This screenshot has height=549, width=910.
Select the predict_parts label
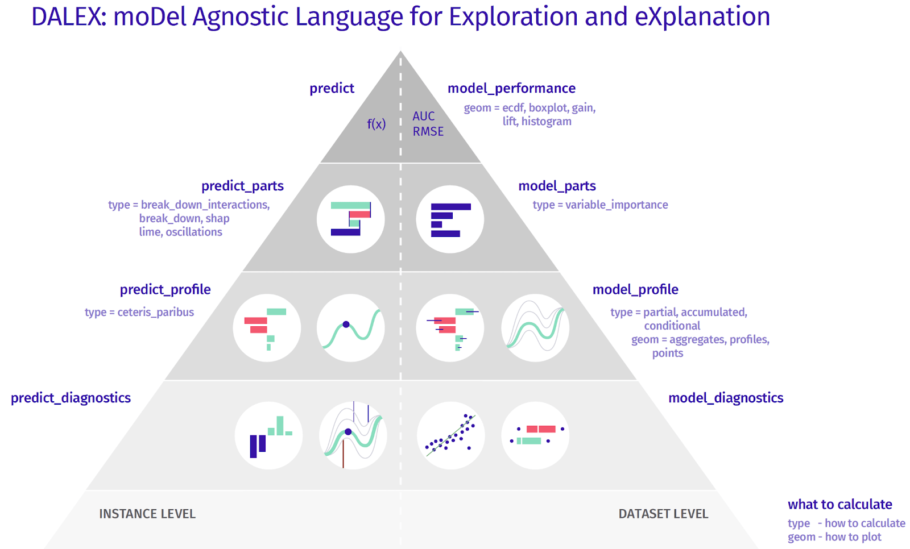click(242, 186)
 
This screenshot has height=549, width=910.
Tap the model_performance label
click(511, 88)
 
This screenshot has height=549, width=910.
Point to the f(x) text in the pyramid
click(376, 124)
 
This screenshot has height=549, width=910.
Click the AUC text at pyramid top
click(424, 116)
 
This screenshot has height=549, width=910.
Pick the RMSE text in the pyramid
click(428, 131)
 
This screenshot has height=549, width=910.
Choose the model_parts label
click(557, 186)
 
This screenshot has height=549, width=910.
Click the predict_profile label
click(165, 289)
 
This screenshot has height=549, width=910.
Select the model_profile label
click(635, 289)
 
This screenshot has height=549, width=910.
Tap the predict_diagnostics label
click(71, 398)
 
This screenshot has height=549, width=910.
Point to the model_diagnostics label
click(726, 398)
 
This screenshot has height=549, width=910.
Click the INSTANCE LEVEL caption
click(147, 514)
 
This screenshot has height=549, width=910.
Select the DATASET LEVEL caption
click(663, 514)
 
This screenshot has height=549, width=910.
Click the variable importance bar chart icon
click(450, 219)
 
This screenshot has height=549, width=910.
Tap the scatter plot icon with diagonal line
click(450, 436)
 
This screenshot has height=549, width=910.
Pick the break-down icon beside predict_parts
click(350, 219)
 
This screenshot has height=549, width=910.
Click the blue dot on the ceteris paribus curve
click(346, 325)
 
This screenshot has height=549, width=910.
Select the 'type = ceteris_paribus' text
click(139, 312)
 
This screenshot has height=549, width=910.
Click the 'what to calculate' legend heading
click(839, 504)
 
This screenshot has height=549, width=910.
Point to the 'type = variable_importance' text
click(600, 205)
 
